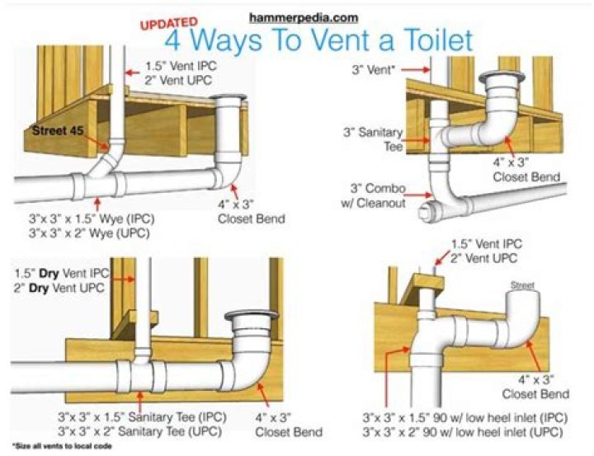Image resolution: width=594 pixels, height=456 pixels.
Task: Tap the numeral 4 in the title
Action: point(174,41)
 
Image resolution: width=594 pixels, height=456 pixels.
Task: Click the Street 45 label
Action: point(59,130)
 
